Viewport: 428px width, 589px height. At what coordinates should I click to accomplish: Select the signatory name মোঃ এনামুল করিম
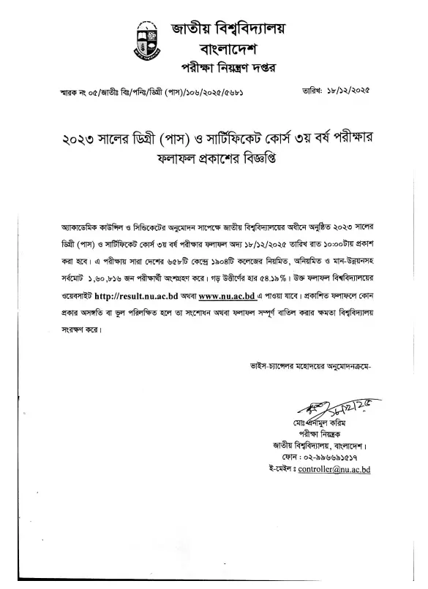click(311, 423)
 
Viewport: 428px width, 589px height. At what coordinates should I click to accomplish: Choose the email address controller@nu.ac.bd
click(334, 469)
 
